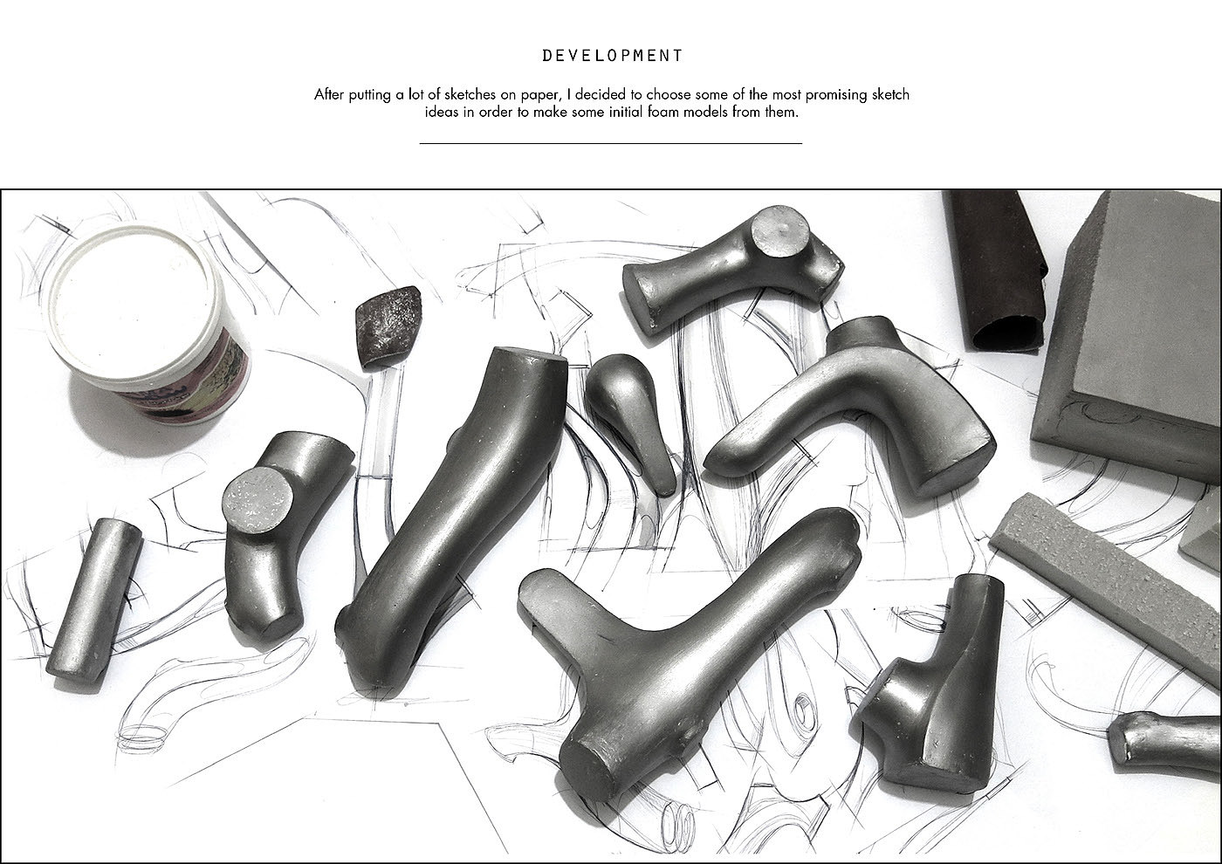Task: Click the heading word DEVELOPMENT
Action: click(x=612, y=56)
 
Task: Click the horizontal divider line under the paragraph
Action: click(x=610, y=143)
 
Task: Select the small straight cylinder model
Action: click(x=94, y=600)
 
